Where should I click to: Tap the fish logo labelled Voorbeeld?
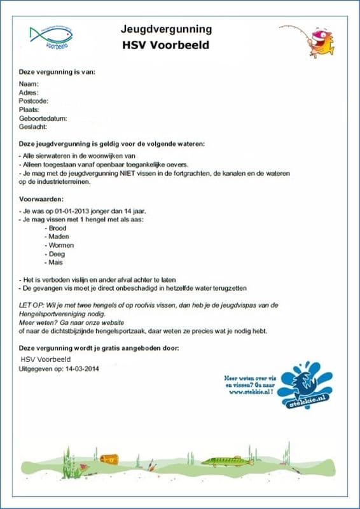tap(52, 36)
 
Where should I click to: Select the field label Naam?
tap(29, 84)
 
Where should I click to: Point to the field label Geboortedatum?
tap(43, 118)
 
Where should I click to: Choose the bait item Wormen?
tap(60, 245)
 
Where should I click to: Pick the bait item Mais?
tap(55, 262)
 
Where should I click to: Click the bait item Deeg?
tap(57, 253)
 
